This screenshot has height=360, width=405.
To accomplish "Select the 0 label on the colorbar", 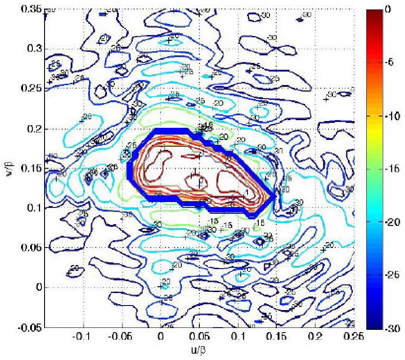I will click(x=392, y=9).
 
